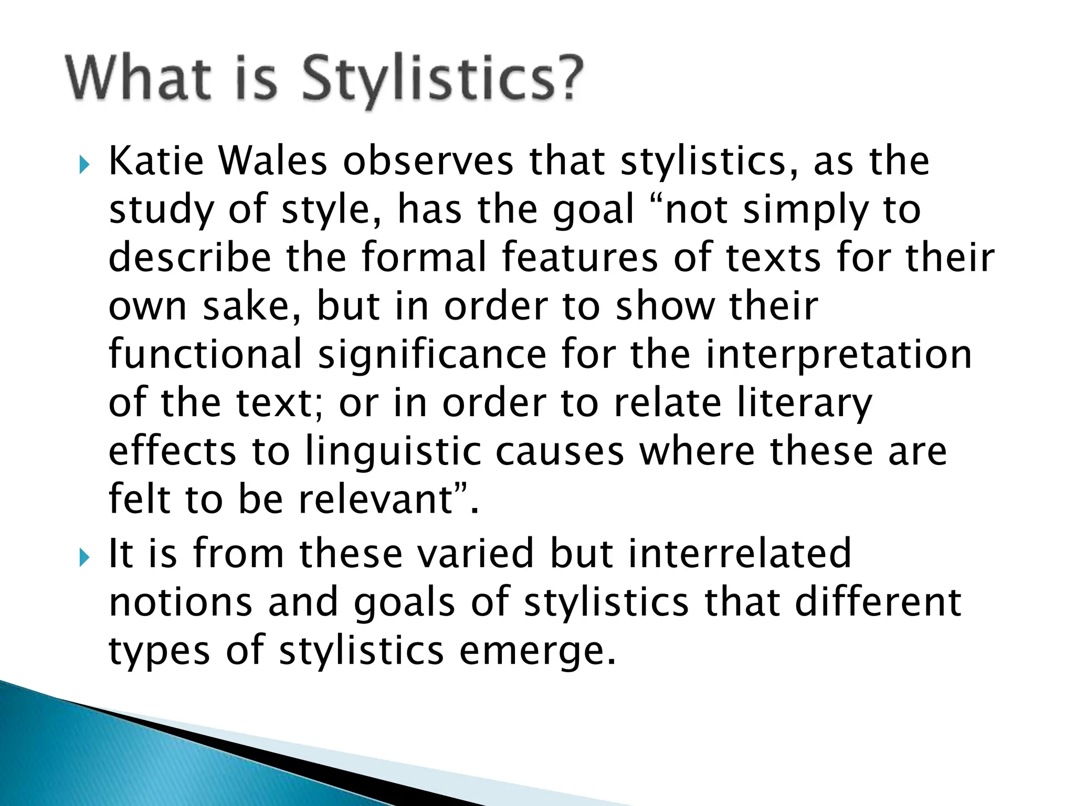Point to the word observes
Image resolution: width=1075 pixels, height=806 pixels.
pyautogui.click(x=428, y=161)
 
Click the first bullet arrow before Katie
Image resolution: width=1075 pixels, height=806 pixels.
pyautogui.click(x=84, y=165)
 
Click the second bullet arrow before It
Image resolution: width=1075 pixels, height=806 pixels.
pyautogui.click(x=84, y=558)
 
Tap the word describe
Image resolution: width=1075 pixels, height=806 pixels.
pyautogui.click(x=189, y=258)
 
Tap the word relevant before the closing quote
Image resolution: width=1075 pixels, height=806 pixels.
pyautogui.click(x=375, y=500)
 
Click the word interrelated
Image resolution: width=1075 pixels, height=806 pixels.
pyautogui.click(x=740, y=554)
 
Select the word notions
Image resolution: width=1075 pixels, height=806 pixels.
pyautogui.click(x=181, y=603)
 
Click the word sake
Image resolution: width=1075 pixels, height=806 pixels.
pyautogui.click(x=252, y=307)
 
